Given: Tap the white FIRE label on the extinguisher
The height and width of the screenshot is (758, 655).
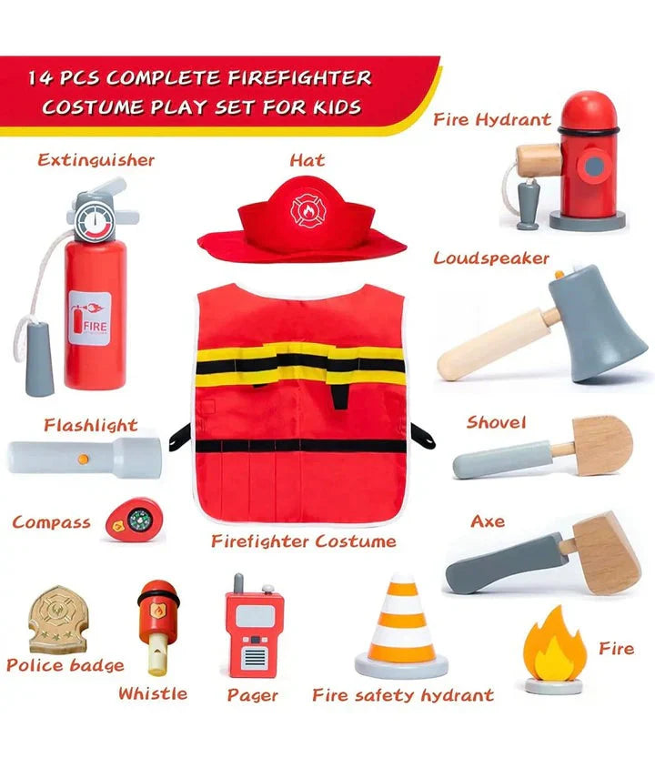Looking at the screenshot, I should [88, 317].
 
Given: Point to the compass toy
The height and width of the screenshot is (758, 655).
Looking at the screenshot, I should [127, 520].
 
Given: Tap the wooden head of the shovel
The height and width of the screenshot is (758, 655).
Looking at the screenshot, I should [602, 445].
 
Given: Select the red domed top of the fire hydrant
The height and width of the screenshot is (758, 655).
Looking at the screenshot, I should [587, 115].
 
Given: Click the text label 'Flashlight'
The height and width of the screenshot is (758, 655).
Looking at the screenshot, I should [90, 425].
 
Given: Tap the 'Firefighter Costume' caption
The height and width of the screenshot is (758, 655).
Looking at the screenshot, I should [304, 541].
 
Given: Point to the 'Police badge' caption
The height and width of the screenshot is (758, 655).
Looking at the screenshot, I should [65, 665].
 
